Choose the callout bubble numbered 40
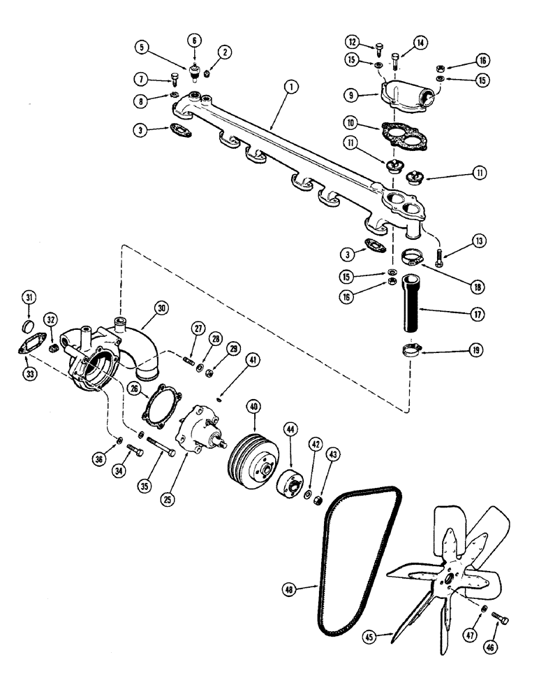coord(253,405)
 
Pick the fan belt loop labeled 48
coord(367,552)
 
